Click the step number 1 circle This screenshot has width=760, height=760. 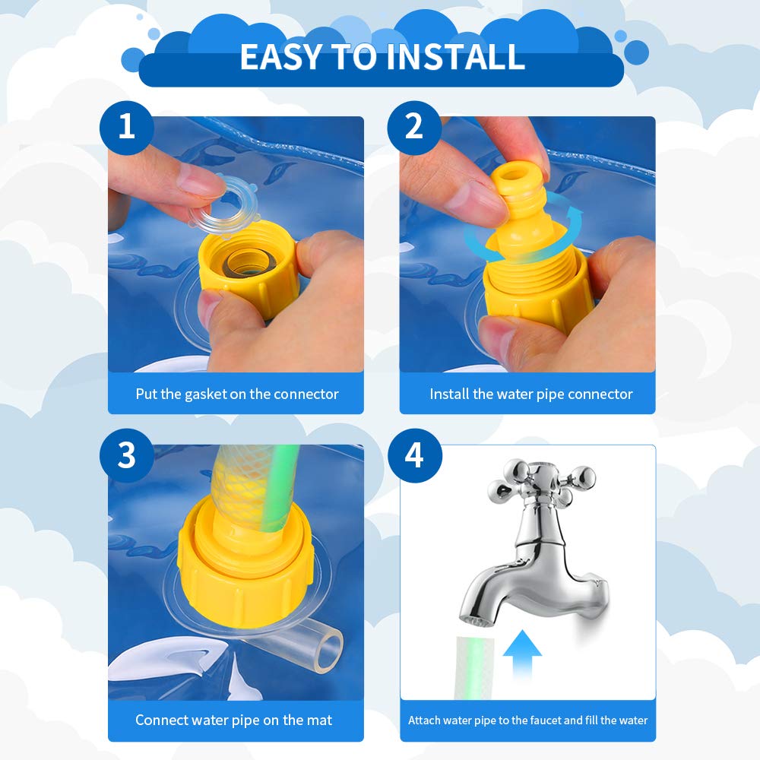(x=126, y=128)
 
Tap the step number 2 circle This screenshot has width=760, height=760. (x=414, y=128)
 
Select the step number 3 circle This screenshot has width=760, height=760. (x=126, y=455)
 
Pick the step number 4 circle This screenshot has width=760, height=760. (x=414, y=455)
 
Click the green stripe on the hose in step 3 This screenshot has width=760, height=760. (x=280, y=489)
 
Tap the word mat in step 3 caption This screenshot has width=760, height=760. (x=319, y=720)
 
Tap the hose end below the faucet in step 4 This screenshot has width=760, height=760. (x=475, y=668)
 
